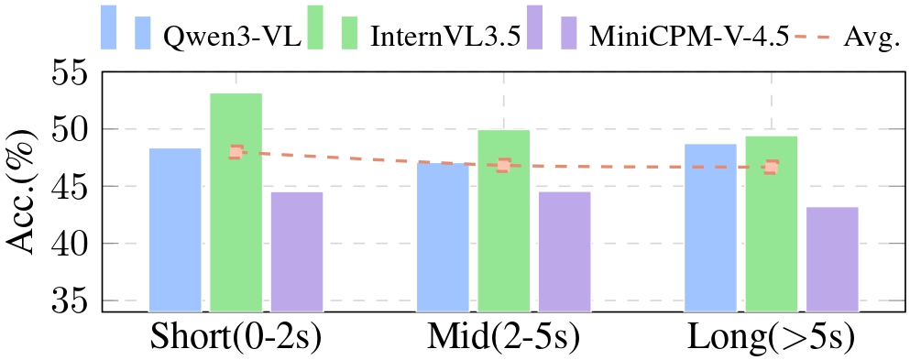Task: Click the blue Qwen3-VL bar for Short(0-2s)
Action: click(x=175, y=230)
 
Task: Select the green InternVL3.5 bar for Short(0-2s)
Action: click(x=236, y=202)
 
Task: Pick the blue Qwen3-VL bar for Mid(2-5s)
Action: click(x=443, y=237)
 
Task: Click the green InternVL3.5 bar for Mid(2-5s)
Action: click(x=503, y=221)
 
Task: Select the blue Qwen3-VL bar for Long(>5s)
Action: click(x=710, y=228)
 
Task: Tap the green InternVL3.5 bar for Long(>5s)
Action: click(x=771, y=224)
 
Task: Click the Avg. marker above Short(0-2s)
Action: click(x=236, y=152)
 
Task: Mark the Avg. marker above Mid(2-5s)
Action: click(x=503, y=166)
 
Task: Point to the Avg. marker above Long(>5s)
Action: click(x=772, y=168)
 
